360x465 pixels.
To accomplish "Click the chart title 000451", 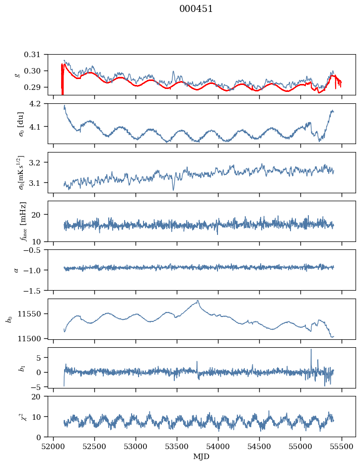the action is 196,9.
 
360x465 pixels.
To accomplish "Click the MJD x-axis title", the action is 201,457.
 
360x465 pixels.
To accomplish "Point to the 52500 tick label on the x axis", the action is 94,447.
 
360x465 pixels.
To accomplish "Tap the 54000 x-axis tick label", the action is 218,447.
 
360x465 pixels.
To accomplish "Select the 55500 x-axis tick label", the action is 342,447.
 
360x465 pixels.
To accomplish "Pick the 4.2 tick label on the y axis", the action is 36,103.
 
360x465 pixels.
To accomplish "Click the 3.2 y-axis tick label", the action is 36,162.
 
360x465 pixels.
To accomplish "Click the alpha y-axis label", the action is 16,270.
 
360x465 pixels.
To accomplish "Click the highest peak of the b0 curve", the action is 198,301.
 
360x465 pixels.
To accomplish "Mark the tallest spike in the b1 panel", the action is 311,349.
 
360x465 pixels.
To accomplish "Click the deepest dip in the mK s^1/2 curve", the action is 174,190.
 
